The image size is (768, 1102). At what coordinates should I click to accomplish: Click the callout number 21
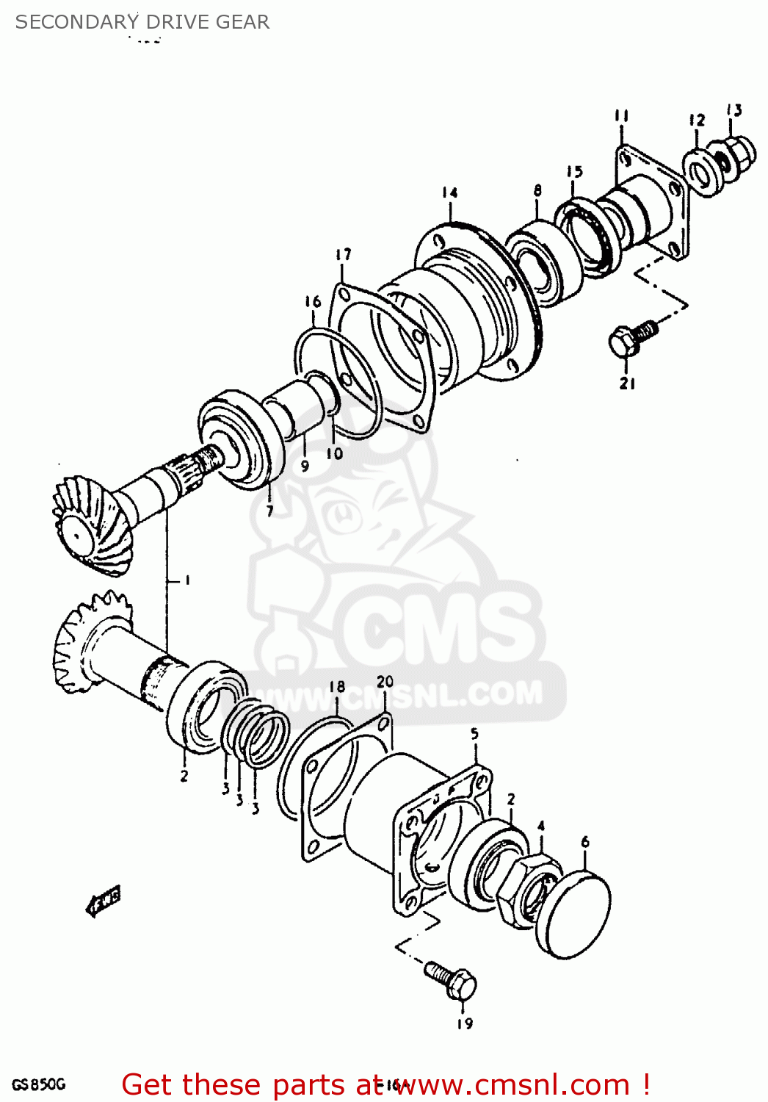[627, 383]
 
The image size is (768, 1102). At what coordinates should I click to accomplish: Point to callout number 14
[449, 192]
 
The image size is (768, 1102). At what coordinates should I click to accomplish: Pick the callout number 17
[343, 254]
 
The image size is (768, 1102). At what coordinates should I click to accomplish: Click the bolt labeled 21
[628, 339]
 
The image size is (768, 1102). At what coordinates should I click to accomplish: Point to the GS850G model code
[39, 1084]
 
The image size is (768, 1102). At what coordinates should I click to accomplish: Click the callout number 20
[385, 682]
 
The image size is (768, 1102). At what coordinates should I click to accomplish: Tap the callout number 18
[336, 687]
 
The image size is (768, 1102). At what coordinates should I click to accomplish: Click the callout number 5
[474, 733]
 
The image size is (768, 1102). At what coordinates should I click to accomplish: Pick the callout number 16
[313, 301]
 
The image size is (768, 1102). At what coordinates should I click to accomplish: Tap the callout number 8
[537, 190]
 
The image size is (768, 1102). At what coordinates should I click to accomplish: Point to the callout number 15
[574, 171]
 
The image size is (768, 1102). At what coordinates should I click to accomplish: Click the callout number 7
[269, 511]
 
